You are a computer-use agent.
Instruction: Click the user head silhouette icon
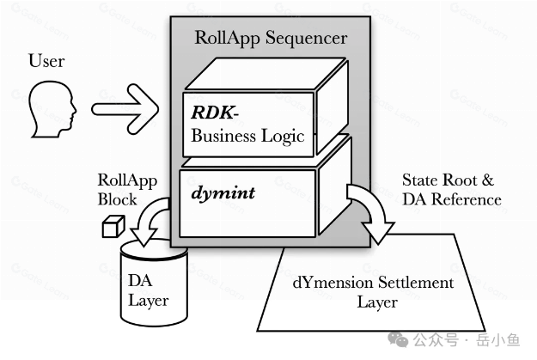[x=52, y=109]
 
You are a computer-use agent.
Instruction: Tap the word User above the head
[x=46, y=61]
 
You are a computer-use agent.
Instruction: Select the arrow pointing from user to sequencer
[x=125, y=109]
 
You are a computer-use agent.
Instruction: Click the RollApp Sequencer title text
[x=271, y=38]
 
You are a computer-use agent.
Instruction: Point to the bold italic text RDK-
[x=215, y=113]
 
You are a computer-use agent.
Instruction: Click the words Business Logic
[x=247, y=136]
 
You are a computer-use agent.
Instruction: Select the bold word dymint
[x=223, y=192]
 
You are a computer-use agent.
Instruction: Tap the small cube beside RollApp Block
[x=113, y=226]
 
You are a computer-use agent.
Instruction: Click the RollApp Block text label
[x=127, y=190]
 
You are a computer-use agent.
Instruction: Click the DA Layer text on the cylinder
[x=148, y=290]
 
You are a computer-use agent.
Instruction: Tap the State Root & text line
[x=448, y=180]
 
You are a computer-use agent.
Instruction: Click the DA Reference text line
[x=452, y=199]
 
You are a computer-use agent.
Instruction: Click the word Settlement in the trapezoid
[x=416, y=283]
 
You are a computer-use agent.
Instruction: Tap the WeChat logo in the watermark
[x=398, y=339]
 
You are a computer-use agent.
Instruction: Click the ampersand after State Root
[x=488, y=180]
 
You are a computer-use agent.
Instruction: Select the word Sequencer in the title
[x=306, y=39]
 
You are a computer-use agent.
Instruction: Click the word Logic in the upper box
[x=283, y=137]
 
